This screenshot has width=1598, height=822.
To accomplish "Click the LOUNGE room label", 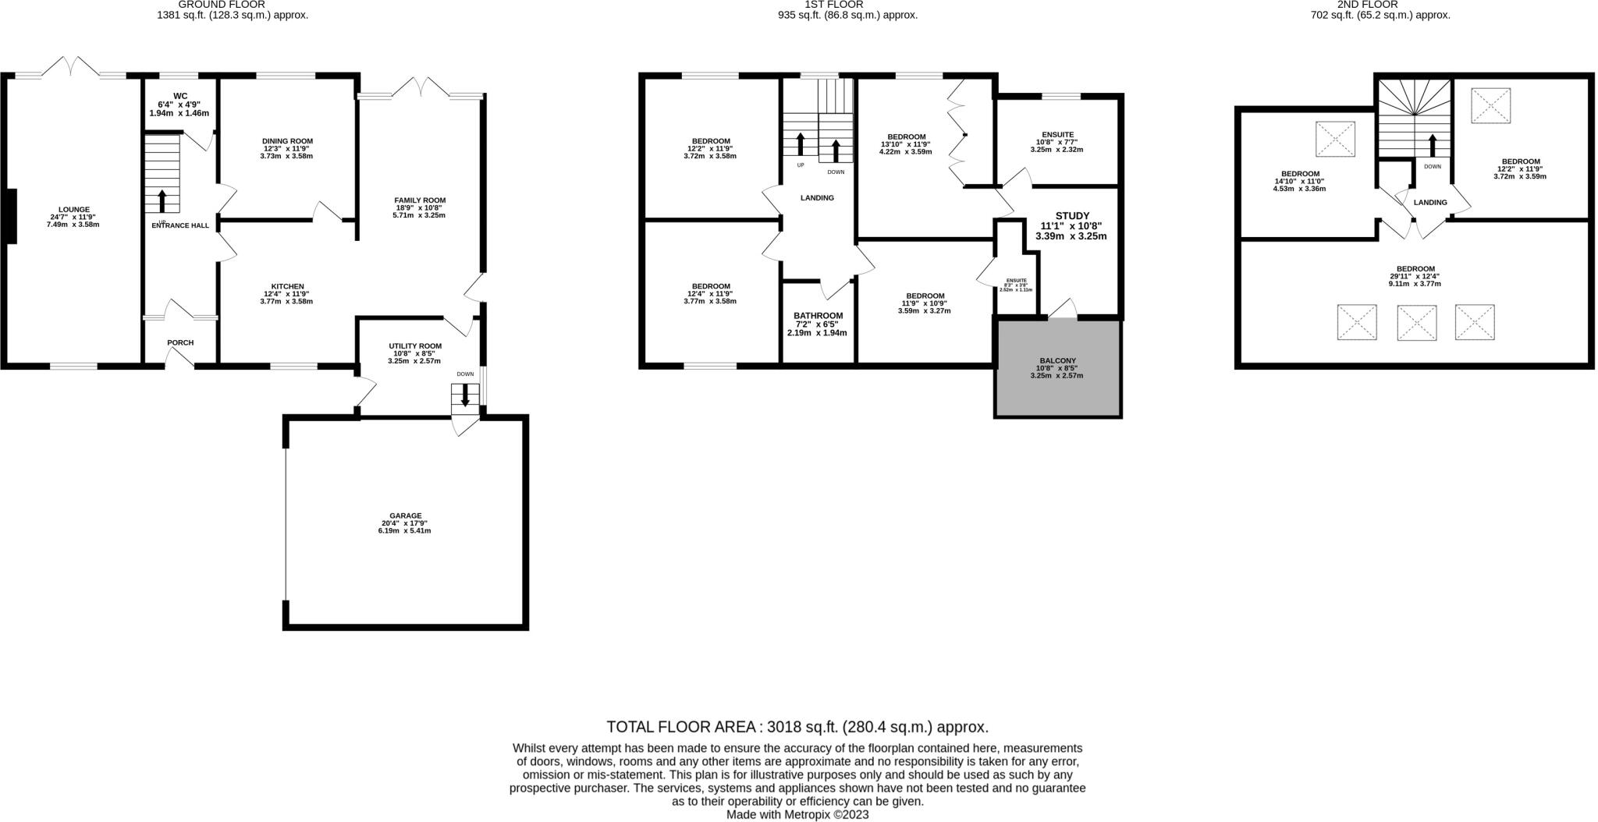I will click(73, 209).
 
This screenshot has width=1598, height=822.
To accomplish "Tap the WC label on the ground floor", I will click(180, 96).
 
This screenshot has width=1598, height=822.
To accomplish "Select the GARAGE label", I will click(406, 516).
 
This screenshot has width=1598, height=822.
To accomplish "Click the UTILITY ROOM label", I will click(415, 346).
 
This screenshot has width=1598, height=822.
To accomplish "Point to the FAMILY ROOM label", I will click(420, 200).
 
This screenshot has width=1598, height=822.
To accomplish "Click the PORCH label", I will click(180, 342).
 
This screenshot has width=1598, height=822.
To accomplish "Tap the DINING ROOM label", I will click(287, 141).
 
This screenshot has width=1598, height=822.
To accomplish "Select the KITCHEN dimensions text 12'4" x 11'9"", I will click(287, 294).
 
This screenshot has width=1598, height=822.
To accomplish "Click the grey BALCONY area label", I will click(1057, 360).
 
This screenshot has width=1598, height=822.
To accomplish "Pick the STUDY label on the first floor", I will click(1071, 216).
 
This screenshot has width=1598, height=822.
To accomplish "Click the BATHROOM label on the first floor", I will click(817, 316).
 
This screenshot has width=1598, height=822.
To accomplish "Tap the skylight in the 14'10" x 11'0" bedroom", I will click(1335, 140).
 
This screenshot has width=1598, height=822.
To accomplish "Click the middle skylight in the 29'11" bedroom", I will click(1416, 323).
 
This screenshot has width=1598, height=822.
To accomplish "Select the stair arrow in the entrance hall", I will click(162, 200).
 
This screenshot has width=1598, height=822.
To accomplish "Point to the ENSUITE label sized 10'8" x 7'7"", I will click(1057, 134).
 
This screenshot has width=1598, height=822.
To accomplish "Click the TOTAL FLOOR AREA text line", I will click(797, 727).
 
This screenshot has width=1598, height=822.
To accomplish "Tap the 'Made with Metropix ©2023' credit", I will click(797, 814).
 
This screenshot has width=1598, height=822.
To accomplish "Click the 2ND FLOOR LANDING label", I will click(1430, 203).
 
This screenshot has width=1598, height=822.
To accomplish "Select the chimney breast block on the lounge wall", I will click(11, 217).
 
